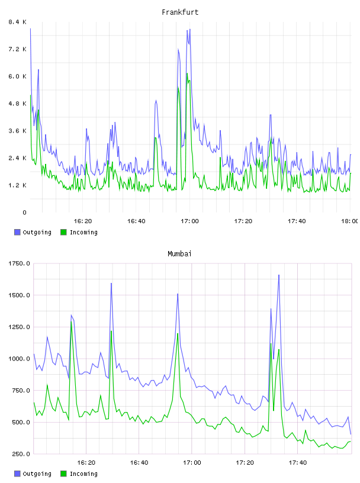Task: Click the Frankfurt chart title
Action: point(180,12)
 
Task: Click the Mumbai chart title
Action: point(179,254)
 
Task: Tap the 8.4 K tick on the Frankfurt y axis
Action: point(18,22)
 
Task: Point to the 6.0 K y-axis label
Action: point(18,76)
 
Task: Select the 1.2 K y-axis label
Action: point(18,185)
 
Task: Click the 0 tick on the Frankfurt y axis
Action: point(24,212)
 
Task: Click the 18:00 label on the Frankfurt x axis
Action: point(350,221)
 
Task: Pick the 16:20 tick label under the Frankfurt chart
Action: point(83,221)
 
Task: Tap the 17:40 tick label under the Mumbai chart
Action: point(298,463)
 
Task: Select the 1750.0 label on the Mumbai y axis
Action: point(19,263)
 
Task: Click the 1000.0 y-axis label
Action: point(19,359)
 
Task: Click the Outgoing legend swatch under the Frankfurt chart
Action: point(17,232)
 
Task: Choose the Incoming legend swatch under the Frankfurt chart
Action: point(63,232)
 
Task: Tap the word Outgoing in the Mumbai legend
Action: point(37,474)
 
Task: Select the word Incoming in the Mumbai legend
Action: point(83,474)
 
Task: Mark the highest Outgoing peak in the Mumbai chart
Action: point(279,275)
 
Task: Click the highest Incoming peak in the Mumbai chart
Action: point(72,322)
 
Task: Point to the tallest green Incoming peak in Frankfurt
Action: point(187,73)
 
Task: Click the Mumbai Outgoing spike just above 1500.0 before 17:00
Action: point(178,294)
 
